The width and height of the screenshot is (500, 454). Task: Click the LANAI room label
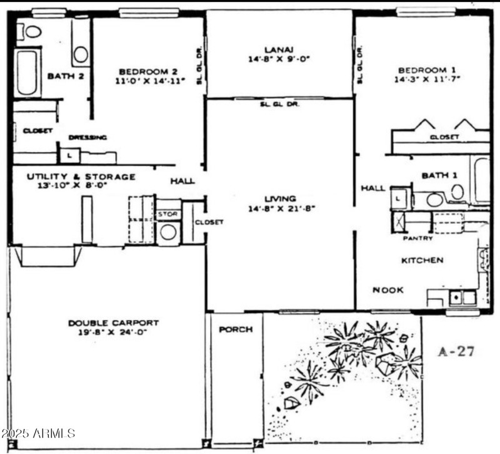click(x=279, y=49)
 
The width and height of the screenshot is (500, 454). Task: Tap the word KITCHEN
click(x=422, y=260)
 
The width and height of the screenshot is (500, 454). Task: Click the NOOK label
click(x=387, y=290)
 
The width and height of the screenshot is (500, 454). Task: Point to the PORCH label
click(x=236, y=329)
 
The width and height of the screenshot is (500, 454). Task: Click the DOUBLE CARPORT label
click(x=113, y=323)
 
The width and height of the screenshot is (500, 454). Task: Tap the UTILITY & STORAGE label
click(x=81, y=177)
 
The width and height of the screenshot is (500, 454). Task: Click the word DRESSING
click(x=87, y=137)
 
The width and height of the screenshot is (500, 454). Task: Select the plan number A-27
click(x=456, y=351)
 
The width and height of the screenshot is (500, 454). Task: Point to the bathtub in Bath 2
click(x=27, y=73)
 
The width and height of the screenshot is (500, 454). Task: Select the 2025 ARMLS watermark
click(x=39, y=433)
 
